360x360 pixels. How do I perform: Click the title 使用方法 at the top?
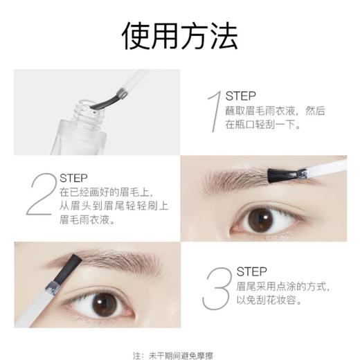[x=179, y=37]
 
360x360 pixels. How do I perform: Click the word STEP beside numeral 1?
[x=241, y=96]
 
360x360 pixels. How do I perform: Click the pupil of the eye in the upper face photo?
[x=261, y=219]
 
